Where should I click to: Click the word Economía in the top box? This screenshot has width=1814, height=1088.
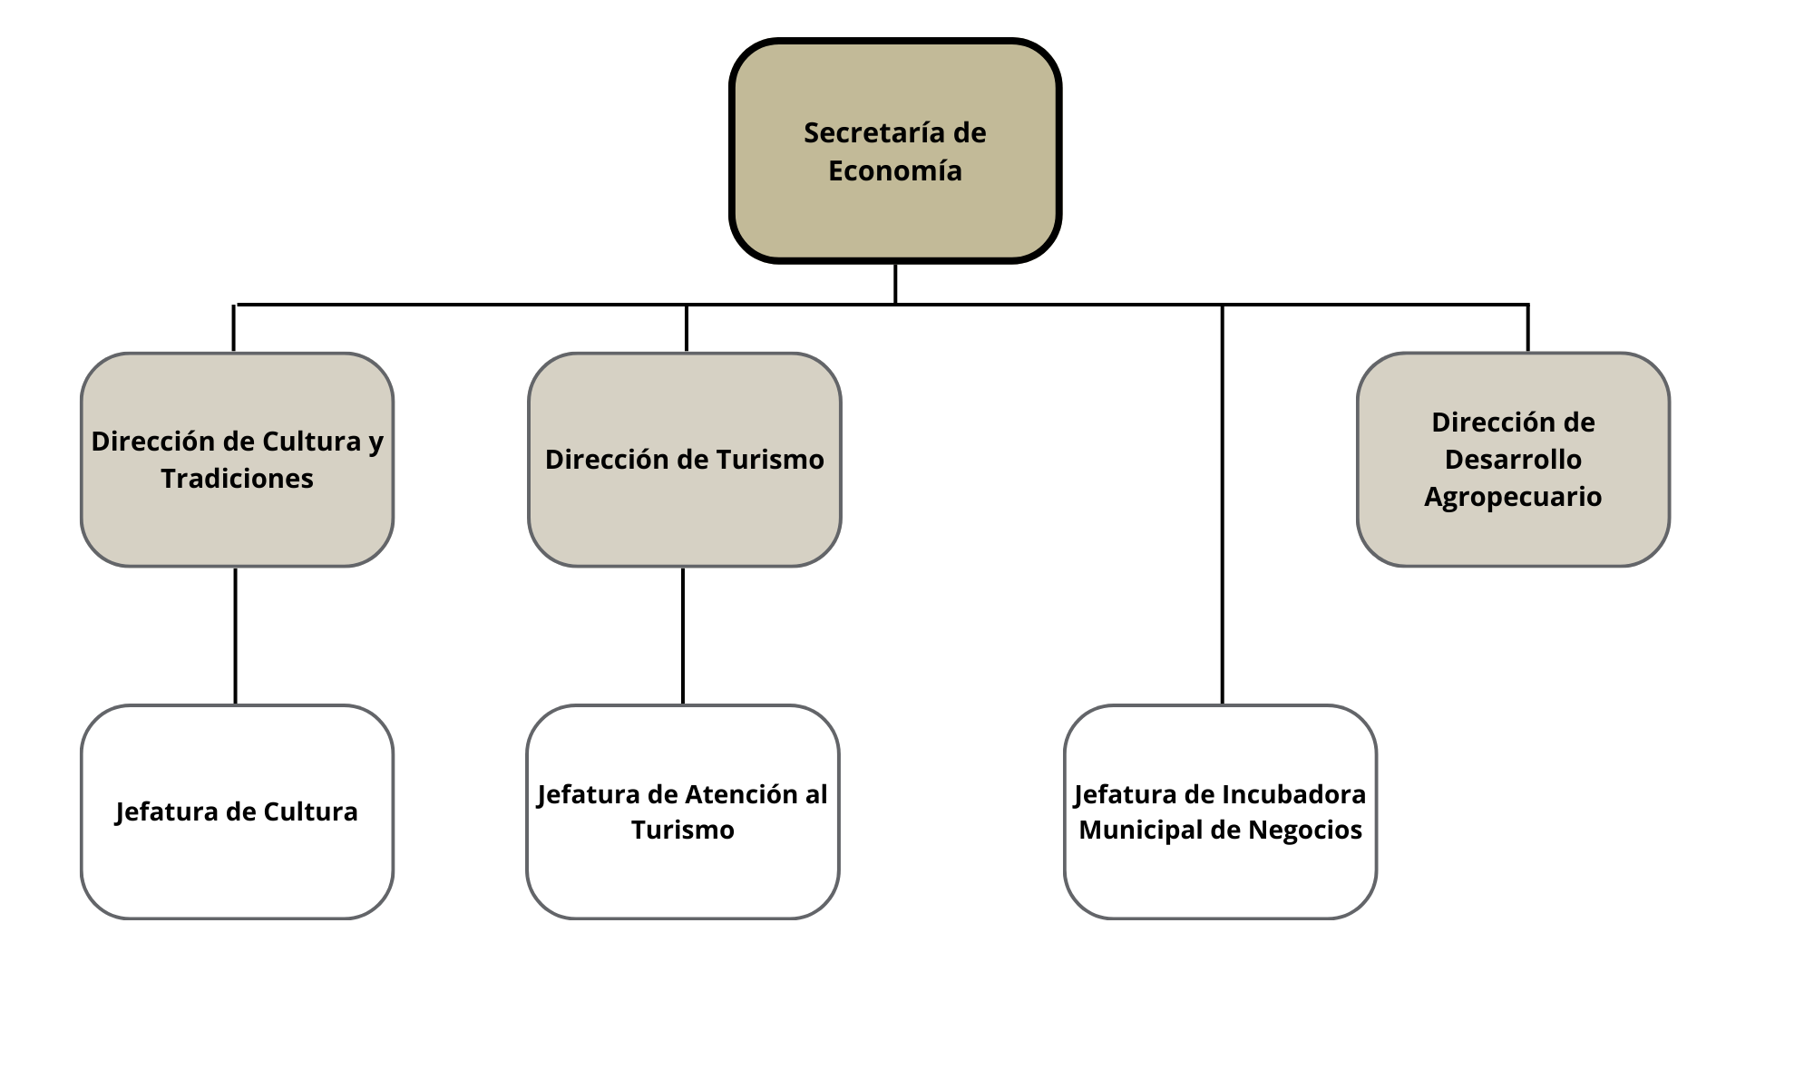[895, 171]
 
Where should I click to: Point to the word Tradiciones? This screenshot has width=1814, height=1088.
[237, 479]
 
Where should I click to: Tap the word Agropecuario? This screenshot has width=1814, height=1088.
[1513, 497]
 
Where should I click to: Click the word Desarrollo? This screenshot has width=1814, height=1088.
[1513, 460]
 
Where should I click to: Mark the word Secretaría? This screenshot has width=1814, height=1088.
[866, 133]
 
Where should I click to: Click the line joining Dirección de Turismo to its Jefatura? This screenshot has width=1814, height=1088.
[683, 635]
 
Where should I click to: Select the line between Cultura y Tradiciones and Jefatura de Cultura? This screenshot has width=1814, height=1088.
[236, 635]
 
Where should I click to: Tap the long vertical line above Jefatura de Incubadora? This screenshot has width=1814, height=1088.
[1223, 508]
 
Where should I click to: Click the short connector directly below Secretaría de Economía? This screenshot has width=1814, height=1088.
[895, 283]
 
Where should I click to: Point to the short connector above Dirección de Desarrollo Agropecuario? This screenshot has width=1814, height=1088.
[1528, 328]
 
